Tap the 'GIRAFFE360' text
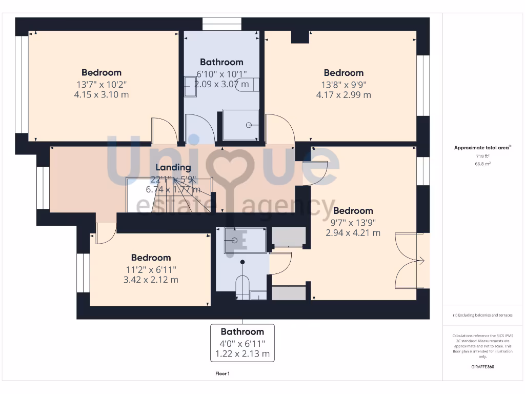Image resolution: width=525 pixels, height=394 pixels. pyautogui.click(x=482, y=367)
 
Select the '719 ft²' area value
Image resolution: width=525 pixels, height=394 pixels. pyautogui.click(x=482, y=155)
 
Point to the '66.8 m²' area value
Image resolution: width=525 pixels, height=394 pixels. pyautogui.click(x=482, y=164)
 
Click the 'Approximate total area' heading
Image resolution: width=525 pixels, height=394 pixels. pyautogui.click(x=481, y=148)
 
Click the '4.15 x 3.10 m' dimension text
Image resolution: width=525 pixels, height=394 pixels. pyautogui.click(x=102, y=94)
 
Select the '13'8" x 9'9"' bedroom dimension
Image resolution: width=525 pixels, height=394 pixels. pyautogui.click(x=344, y=84)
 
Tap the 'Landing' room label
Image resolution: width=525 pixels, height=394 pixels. pyautogui.click(x=173, y=167)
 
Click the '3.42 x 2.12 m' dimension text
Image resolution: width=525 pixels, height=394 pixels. pyautogui.click(x=151, y=280)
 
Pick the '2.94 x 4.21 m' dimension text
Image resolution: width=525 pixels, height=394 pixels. pyautogui.click(x=353, y=232)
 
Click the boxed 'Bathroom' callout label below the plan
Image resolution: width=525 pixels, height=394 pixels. pyautogui.click(x=242, y=332)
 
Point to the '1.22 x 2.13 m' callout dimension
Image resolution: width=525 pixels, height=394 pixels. pyautogui.click(x=242, y=354)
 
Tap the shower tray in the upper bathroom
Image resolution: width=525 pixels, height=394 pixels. pyautogui.click(x=240, y=125)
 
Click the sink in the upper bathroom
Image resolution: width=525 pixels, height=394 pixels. pyautogui.click(x=190, y=86)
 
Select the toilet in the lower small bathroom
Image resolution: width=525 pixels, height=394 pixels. pyautogui.click(x=241, y=287)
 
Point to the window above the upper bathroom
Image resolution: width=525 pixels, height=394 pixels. pyautogui.click(x=221, y=24)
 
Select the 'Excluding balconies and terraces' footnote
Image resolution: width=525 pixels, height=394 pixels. pyautogui.click(x=482, y=315)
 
